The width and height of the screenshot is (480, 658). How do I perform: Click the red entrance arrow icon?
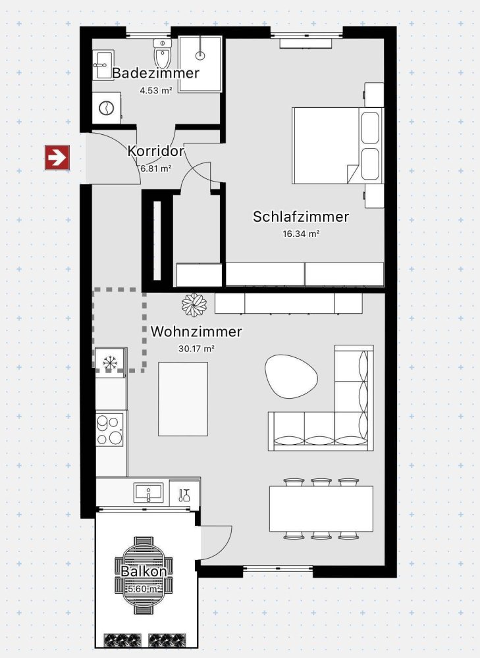(57, 158)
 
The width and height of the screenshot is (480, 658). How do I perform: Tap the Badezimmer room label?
(155, 73)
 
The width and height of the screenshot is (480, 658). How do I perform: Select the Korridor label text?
(155, 151)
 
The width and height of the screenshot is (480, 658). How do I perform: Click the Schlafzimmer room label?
(301, 216)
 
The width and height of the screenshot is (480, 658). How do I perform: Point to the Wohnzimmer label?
(196, 332)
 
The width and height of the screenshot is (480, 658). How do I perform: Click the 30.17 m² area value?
(196, 349)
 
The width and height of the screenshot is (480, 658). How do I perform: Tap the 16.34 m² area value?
(301, 233)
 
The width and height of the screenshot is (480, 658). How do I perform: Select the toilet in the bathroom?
(162, 52)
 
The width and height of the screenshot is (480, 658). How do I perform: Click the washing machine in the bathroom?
(105, 107)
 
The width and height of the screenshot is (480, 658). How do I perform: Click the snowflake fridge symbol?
(109, 363)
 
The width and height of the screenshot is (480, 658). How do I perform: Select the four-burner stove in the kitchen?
(111, 429)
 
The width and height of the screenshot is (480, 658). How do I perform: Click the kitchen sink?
(149, 492)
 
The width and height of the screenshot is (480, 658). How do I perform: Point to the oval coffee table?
(291, 375)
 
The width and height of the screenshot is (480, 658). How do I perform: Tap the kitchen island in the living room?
(183, 398)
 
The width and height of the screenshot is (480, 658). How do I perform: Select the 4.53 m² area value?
(155, 91)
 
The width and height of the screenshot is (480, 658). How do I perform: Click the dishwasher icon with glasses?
(185, 493)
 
